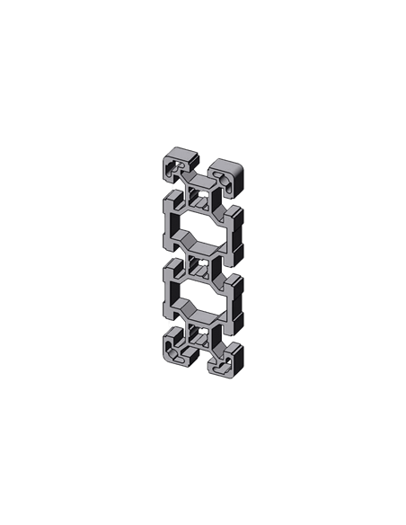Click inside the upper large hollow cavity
coord(202,225)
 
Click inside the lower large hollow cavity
coord(202,295)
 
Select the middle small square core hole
coord(199,266)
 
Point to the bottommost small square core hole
coord(199,336)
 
